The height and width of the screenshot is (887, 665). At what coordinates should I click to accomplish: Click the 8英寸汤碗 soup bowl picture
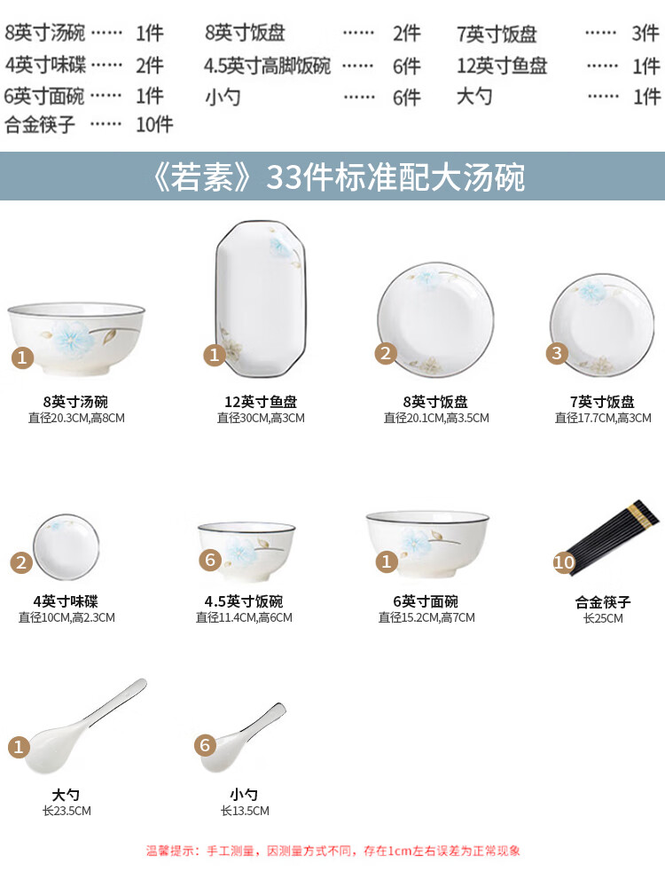(76, 338)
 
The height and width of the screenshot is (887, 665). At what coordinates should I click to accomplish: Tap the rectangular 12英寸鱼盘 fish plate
(262, 299)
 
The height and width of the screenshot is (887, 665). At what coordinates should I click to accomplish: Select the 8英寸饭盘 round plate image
(435, 318)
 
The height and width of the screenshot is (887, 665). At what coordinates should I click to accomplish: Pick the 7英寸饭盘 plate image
(602, 325)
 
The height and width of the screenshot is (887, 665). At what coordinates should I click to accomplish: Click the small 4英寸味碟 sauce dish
(66, 547)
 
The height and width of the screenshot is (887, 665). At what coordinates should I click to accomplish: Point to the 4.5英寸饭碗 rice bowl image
(246, 552)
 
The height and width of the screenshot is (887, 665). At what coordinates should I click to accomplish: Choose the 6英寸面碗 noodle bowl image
(427, 544)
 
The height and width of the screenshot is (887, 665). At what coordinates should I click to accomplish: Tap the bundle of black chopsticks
(614, 537)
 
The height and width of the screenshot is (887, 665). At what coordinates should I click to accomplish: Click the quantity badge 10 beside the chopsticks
(564, 562)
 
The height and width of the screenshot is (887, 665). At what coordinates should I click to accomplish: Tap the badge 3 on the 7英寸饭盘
(557, 354)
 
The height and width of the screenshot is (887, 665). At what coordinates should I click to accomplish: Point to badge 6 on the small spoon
(205, 745)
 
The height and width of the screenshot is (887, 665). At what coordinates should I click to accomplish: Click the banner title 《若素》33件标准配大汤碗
(340, 177)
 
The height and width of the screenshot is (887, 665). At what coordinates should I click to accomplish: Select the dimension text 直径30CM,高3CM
(261, 418)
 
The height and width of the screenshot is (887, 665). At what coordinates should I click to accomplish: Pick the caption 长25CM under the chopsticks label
(603, 618)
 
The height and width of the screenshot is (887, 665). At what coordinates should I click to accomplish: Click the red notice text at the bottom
(333, 851)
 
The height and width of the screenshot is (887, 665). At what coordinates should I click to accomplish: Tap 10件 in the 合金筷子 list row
(154, 124)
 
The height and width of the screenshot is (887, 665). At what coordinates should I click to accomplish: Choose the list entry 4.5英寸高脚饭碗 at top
(267, 66)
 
